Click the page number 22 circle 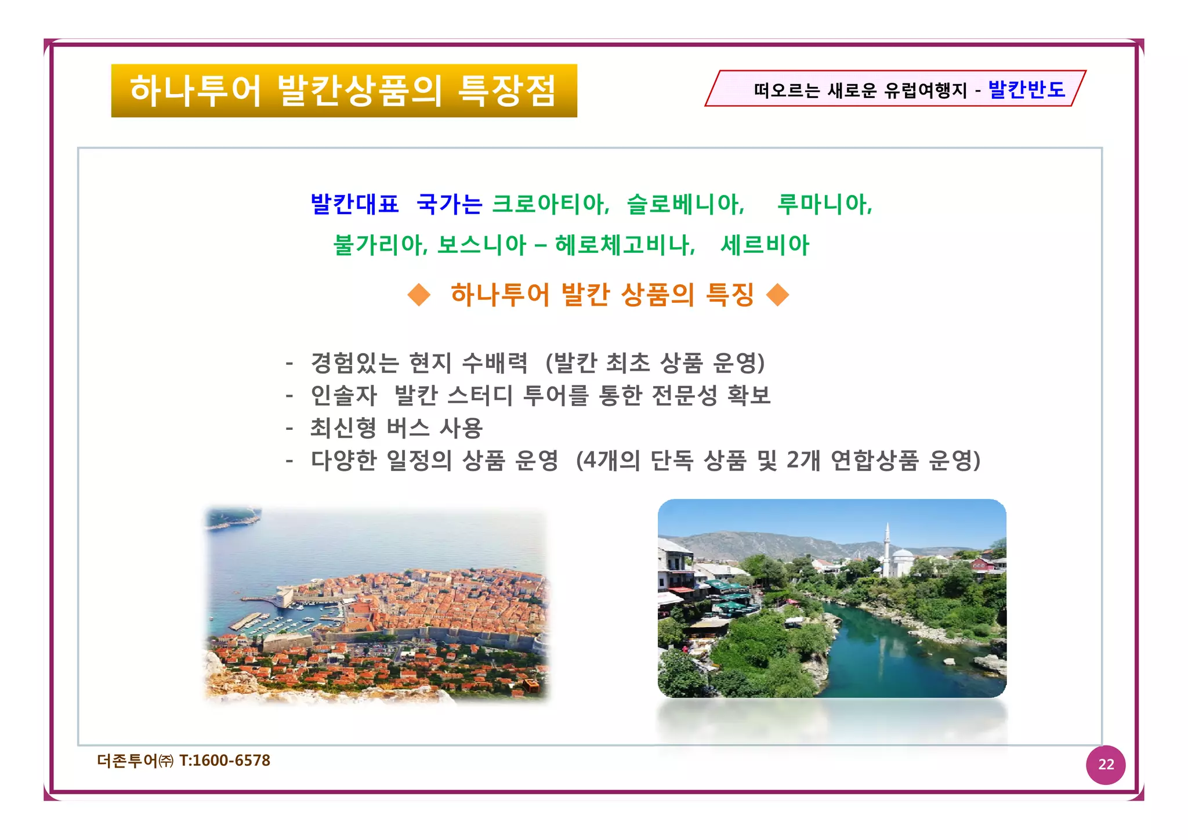(x=1106, y=765)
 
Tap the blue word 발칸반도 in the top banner (x=1026, y=89)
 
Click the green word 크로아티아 (x=550, y=204)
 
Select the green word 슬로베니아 (x=685, y=204)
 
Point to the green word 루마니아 (x=824, y=204)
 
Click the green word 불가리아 (x=380, y=245)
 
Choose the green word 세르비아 (x=765, y=245)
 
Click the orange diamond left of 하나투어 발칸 (x=419, y=295)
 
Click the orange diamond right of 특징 (x=777, y=295)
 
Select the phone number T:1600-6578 (x=225, y=761)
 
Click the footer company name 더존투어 (x=128, y=761)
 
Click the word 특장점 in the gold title (x=507, y=90)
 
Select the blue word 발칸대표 (x=355, y=204)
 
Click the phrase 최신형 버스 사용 (x=396, y=428)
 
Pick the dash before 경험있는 (x=289, y=364)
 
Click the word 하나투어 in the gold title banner (x=195, y=90)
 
